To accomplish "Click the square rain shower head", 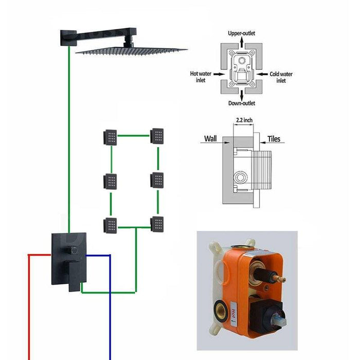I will (132, 50).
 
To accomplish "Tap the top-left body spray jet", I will (110, 137).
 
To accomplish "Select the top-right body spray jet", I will (157, 136).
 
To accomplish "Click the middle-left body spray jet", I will (110, 182).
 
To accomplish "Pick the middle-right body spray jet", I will (157, 180).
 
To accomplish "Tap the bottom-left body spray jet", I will (110, 225).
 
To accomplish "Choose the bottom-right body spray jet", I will (157, 223).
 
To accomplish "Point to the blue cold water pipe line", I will (110, 309).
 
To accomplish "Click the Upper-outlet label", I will (241, 33).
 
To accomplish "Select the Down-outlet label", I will (241, 103).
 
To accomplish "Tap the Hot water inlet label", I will (201, 77).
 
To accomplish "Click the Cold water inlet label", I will (281, 77).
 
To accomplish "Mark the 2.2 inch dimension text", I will (244, 120).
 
